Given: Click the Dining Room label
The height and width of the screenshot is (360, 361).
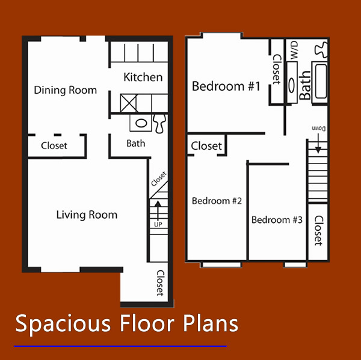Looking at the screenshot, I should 65,90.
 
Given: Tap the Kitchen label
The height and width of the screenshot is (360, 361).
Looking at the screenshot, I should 143,77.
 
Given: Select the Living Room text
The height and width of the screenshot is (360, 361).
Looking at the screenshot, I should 87,215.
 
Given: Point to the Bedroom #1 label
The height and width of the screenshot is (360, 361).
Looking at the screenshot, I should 226,87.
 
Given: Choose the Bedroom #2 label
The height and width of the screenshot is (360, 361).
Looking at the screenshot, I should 217,201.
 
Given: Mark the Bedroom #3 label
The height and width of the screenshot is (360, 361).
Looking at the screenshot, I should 277,219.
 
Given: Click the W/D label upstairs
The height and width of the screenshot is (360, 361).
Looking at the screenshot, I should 294,50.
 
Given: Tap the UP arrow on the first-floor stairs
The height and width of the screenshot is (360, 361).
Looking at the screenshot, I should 158,212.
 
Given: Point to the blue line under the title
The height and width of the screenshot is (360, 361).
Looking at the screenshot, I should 120,346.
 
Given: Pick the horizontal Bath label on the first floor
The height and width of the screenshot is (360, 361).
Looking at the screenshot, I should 135,144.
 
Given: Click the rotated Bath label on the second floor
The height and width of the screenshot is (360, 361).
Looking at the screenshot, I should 306,86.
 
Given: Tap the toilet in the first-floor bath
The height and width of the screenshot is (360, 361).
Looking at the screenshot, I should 159,123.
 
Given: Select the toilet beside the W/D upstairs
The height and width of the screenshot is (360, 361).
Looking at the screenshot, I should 320,47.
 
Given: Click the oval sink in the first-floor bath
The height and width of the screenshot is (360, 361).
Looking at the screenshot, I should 141,123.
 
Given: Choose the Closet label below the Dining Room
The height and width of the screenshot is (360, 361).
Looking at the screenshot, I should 54,145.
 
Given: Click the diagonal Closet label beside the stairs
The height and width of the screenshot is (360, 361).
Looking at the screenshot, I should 158,180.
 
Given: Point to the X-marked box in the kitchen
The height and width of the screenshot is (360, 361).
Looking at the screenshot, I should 129,102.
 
